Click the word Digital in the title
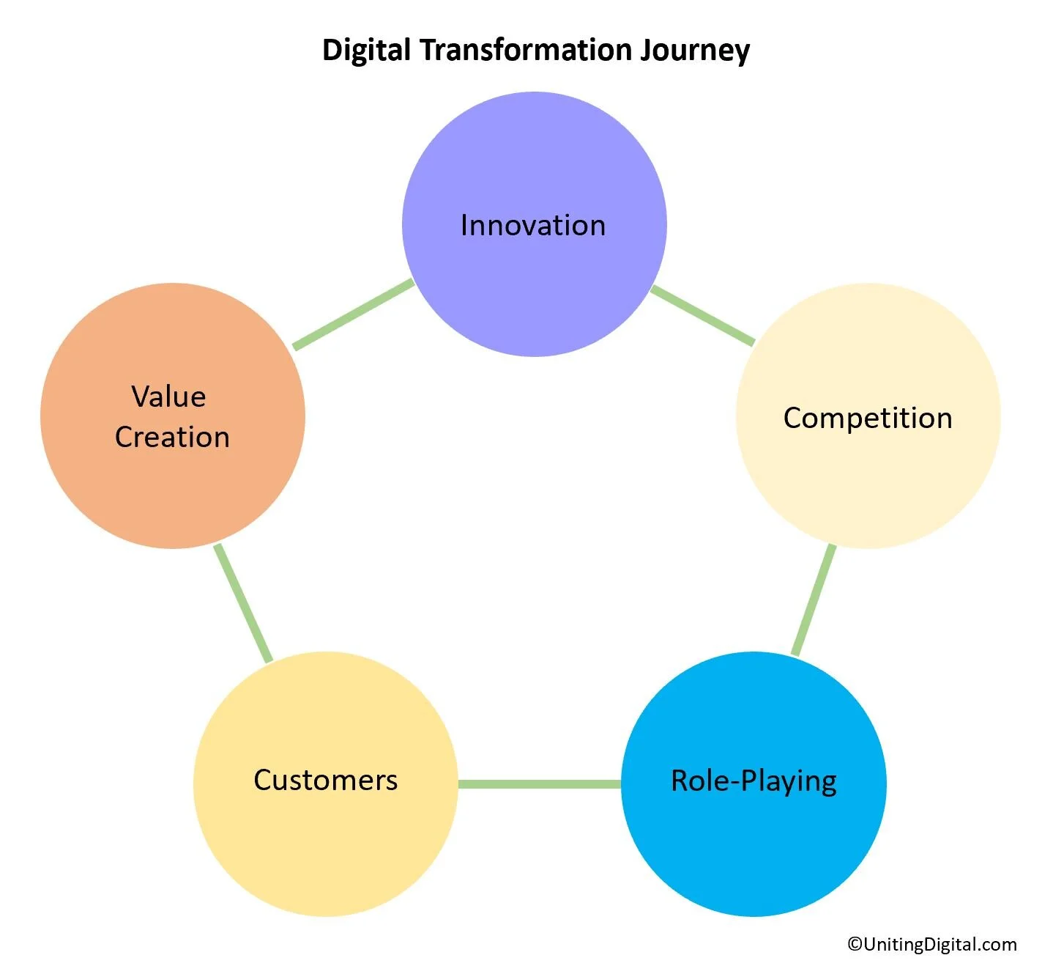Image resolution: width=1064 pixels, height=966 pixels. (366, 50)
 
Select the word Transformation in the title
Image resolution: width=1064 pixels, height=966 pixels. (525, 50)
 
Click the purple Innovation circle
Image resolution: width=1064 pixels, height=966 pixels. (534, 293)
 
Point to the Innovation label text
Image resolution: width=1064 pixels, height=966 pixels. (533, 225)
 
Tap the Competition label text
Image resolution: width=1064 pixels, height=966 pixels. (868, 418)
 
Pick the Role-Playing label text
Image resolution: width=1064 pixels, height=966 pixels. (754, 781)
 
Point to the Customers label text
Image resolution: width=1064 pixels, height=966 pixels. (326, 780)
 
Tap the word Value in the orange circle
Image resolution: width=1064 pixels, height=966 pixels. (168, 397)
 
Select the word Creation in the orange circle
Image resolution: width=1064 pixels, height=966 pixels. (173, 437)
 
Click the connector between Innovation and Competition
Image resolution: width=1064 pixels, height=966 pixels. (702, 315)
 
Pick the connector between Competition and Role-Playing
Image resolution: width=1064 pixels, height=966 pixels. (814, 600)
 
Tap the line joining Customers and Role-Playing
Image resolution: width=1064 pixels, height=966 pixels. (540, 784)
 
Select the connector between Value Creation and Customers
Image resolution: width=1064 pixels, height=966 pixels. (243, 603)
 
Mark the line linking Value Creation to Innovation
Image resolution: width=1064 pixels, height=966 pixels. (354, 314)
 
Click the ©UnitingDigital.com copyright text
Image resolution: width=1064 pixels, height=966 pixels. (931, 944)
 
